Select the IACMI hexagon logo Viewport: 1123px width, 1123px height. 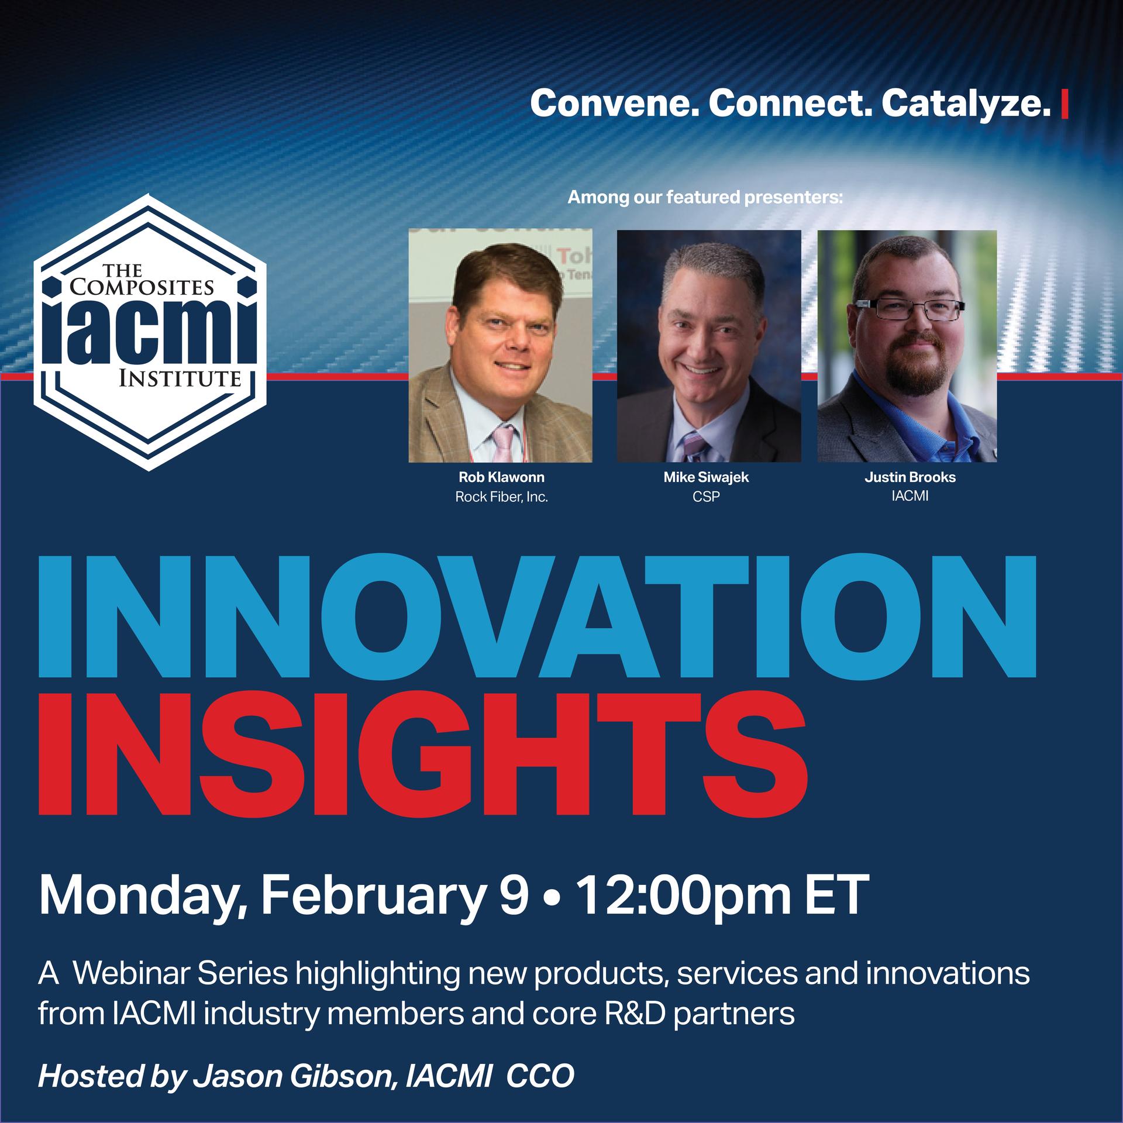[150, 332]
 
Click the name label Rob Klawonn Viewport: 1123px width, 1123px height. [501, 477]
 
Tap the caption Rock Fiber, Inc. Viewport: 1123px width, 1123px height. [501, 498]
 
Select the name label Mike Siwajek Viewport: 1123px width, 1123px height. [706, 477]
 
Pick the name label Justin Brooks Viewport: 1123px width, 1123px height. [910, 477]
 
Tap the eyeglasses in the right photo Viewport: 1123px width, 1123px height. [911, 309]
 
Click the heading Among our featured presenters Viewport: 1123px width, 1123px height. [705, 198]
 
